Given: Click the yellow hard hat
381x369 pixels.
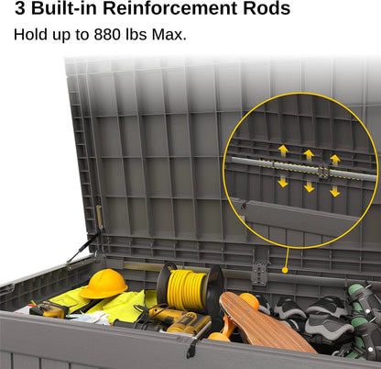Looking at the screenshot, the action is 103,284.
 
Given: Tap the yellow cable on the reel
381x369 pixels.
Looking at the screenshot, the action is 186,289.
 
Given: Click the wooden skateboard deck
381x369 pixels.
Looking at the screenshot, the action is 264,322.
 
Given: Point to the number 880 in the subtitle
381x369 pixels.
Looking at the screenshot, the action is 107,35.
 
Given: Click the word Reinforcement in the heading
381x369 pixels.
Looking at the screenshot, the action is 170,8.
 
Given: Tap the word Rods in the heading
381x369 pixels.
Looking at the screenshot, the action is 267,8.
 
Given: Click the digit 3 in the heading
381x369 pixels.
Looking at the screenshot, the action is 20,8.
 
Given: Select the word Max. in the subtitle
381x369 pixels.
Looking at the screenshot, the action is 169,35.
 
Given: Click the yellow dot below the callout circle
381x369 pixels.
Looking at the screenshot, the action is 285,270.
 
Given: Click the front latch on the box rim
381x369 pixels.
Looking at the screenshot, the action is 191,348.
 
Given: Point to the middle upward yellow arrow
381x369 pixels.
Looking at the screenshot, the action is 309,155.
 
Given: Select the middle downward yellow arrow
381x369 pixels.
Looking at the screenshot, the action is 310,186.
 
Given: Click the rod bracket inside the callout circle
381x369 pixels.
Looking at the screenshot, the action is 323,171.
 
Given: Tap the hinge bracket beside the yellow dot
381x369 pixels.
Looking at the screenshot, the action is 260,273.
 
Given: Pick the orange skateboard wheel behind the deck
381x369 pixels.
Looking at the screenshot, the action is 249,301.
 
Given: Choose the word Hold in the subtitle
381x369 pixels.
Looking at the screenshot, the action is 31,35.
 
